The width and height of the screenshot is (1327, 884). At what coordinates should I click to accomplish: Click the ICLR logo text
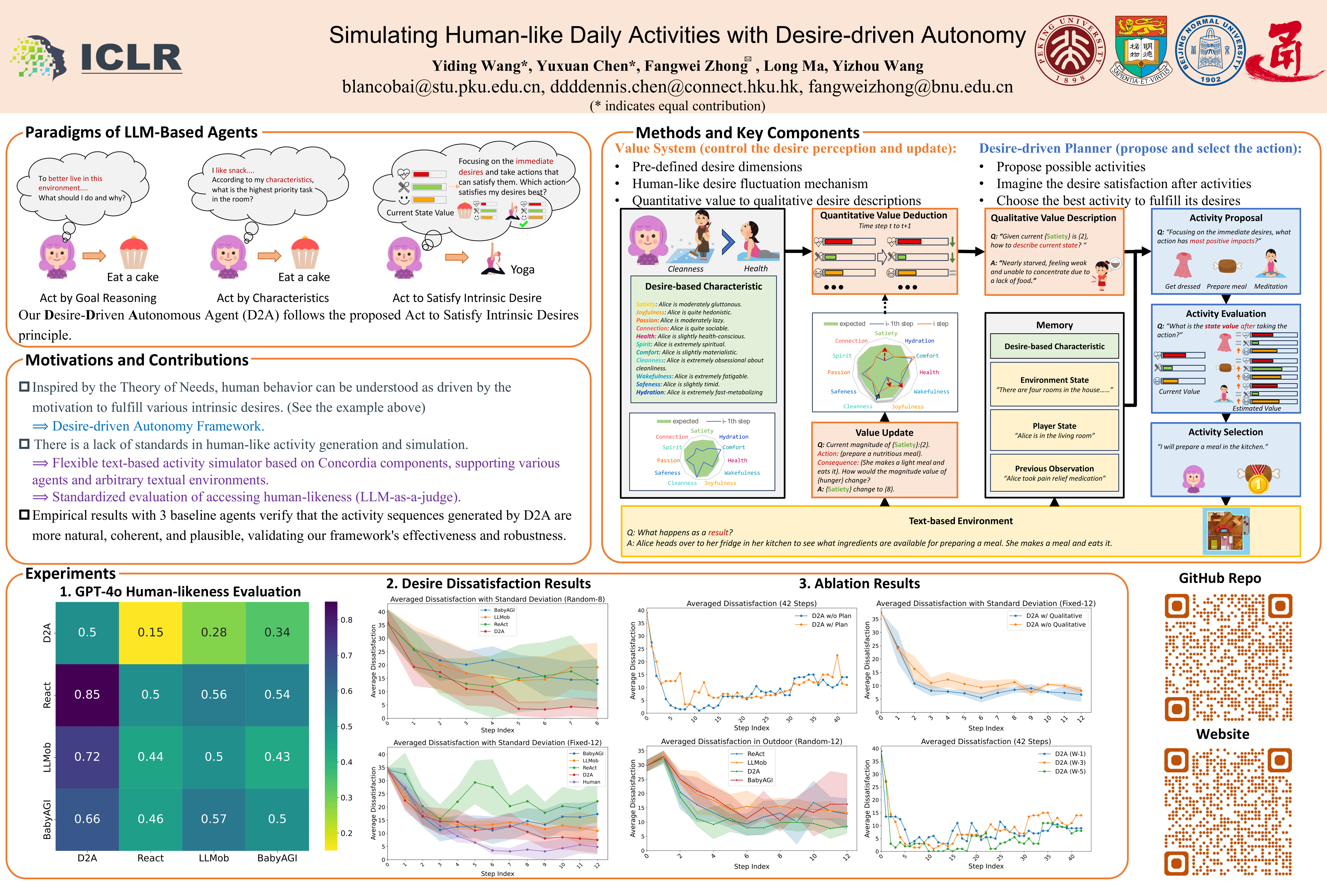(x=131, y=57)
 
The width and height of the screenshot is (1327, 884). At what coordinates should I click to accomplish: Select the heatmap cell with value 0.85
(x=87, y=695)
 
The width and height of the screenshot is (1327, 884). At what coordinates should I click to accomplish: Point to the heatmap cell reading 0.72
(x=87, y=757)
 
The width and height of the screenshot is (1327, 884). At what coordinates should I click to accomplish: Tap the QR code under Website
(x=1228, y=812)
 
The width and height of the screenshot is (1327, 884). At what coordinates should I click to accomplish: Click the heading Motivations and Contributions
(x=137, y=360)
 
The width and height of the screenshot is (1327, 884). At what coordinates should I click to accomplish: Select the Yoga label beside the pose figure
(x=522, y=270)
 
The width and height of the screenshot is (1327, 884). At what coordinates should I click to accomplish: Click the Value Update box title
(x=884, y=432)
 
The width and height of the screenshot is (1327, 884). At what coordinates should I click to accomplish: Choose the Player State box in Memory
(x=1054, y=430)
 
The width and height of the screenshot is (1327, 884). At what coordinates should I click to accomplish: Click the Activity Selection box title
(x=1225, y=432)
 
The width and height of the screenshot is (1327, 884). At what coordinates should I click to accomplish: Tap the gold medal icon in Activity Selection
(x=1258, y=479)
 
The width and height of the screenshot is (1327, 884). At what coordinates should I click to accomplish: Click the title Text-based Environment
(x=960, y=521)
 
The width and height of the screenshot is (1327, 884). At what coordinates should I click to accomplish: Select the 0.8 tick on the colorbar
(x=346, y=620)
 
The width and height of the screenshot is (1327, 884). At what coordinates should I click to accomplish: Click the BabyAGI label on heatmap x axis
(x=277, y=858)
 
